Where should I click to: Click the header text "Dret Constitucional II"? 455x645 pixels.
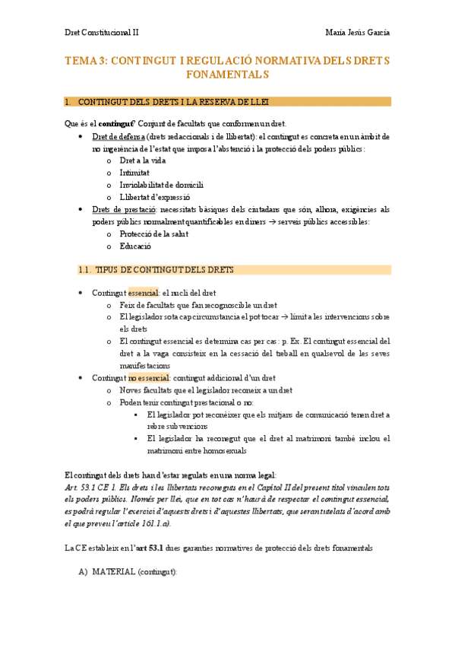coord(101,33)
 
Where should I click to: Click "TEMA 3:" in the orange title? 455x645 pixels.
coord(86,61)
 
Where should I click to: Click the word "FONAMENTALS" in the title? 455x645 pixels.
coord(227,75)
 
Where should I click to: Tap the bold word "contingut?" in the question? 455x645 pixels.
coord(117,124)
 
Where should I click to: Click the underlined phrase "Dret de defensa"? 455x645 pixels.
coord(117,136)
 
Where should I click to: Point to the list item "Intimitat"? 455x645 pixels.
coord(134,173)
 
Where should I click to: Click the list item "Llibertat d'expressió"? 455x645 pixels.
coord(156,197)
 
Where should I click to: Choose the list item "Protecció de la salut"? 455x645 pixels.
coord(153,234)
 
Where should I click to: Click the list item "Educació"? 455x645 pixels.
coord(136,246)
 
